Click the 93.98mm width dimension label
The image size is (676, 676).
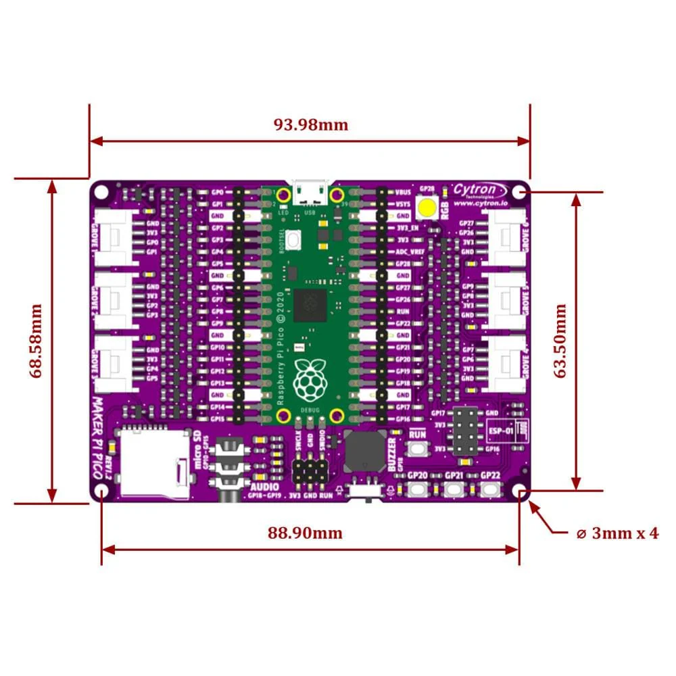tap(310, 124)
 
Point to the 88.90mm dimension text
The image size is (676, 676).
tap(305, 533)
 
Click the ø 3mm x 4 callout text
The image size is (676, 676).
tap(617, 533)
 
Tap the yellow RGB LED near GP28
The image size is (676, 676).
tap(427, 207)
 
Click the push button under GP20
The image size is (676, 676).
tap(418, 490)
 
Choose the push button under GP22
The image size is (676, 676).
tap(490, 490)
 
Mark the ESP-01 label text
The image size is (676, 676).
tap(500, 430)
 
